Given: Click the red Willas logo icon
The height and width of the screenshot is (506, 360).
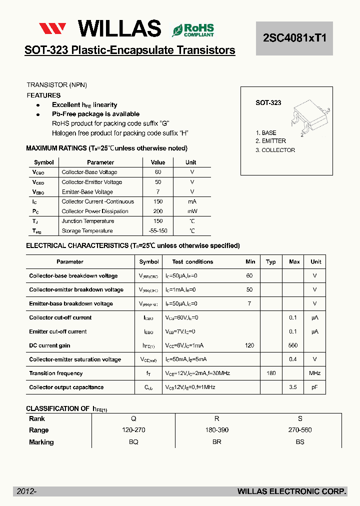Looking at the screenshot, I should [52, 29].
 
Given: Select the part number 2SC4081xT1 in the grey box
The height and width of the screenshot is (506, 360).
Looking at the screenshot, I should [294, 38].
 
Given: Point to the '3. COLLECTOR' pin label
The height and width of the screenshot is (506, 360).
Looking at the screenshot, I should [275, 150].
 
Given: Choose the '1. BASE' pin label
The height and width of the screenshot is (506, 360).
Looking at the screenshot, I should [266, 133].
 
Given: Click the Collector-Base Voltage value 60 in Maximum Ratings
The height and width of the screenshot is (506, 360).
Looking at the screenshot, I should [158, 172].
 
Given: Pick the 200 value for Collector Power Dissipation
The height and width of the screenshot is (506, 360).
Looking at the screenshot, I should [158, 211].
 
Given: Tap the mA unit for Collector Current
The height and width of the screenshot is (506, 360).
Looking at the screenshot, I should [192, 201].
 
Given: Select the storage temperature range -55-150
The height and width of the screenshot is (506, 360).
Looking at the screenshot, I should [158, 231].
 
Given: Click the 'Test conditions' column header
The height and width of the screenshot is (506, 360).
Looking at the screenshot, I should [192, 261].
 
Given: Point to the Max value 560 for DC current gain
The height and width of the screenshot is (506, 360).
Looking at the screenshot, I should [293, 345].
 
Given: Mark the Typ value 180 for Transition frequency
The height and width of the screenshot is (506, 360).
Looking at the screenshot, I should [271, 373].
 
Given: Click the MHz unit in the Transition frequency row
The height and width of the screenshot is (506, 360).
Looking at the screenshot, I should [314, 373].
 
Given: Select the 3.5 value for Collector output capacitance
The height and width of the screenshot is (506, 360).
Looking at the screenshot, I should [293, 387].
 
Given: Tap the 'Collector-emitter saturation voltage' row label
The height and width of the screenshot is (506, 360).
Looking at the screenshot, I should [75, 359].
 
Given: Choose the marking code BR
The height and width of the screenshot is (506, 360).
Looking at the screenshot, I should [216, 442].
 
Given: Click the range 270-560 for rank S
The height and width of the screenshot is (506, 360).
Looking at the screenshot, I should [300, 430].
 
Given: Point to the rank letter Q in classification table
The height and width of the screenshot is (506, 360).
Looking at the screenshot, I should [133, 418].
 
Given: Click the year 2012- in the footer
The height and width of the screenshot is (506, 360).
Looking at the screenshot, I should [26, 491].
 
